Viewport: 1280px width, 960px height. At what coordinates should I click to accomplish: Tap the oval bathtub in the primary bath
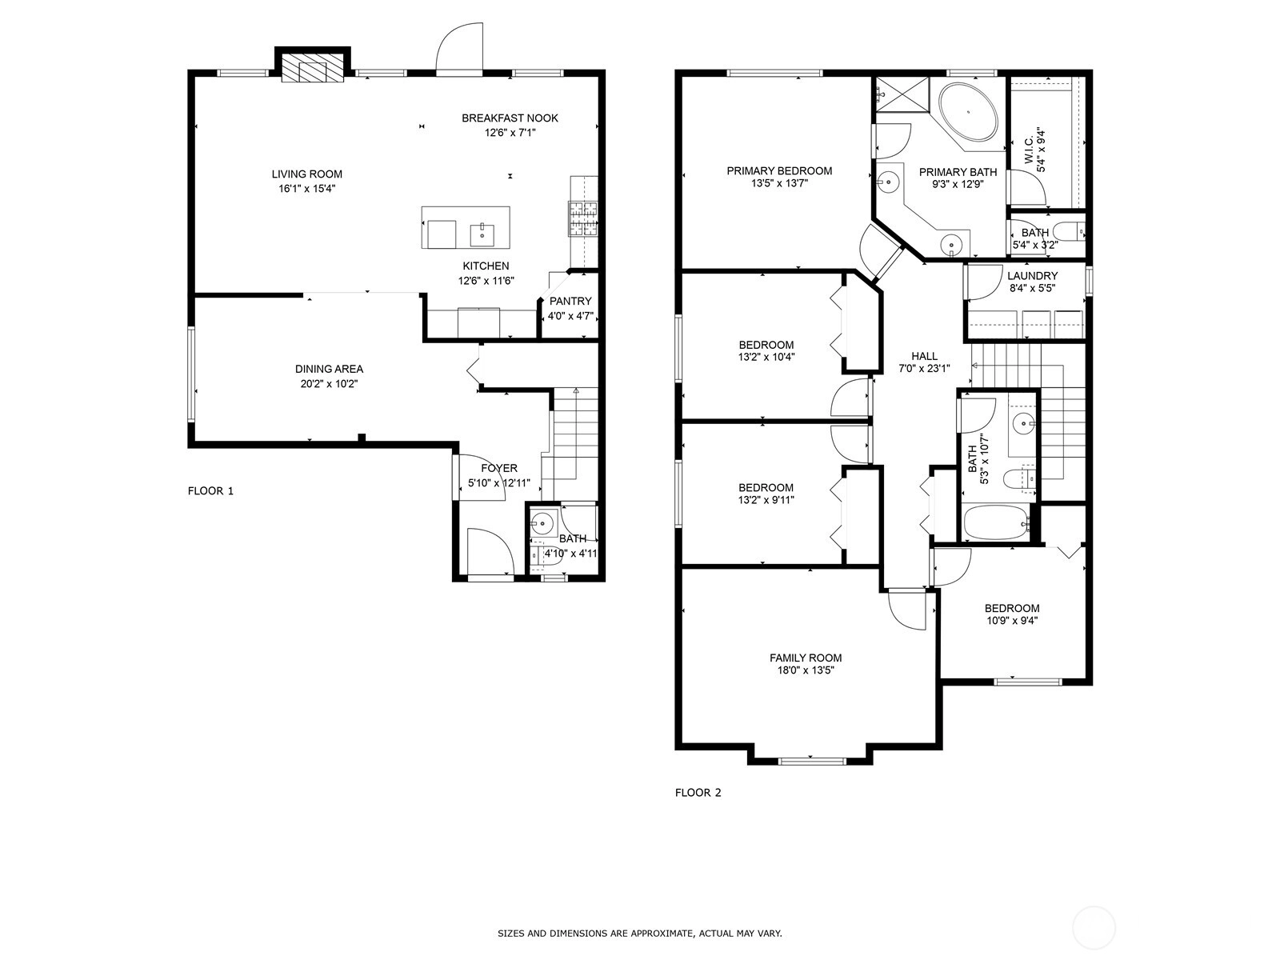(968, 112)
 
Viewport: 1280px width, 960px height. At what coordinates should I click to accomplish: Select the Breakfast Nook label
(510, 118)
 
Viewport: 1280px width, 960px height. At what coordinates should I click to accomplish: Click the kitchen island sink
(482, 235)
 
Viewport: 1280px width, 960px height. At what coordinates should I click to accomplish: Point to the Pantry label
(570, 302)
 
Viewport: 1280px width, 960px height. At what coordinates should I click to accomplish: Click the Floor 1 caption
(210, 490)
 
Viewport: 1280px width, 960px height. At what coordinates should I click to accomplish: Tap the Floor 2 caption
(698, 793)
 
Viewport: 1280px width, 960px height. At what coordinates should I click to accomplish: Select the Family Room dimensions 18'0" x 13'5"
(806, 670)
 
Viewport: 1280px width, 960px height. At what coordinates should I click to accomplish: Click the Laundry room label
(1032, 276)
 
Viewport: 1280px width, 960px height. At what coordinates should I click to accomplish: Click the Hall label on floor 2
(924, 356)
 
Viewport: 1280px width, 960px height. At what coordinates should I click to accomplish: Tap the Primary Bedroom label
(779, 170)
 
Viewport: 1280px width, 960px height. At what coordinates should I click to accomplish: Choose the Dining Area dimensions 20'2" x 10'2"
(329, 383)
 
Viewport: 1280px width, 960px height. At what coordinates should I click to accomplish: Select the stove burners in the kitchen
(584, 218)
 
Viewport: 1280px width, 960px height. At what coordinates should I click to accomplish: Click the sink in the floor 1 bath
(542, 522)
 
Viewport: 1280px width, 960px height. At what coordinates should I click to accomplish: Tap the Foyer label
(499, 468)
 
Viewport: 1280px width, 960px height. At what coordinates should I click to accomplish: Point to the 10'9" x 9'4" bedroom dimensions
(1012, 621)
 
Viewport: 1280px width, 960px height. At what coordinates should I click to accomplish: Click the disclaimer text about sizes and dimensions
(640, 933)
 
